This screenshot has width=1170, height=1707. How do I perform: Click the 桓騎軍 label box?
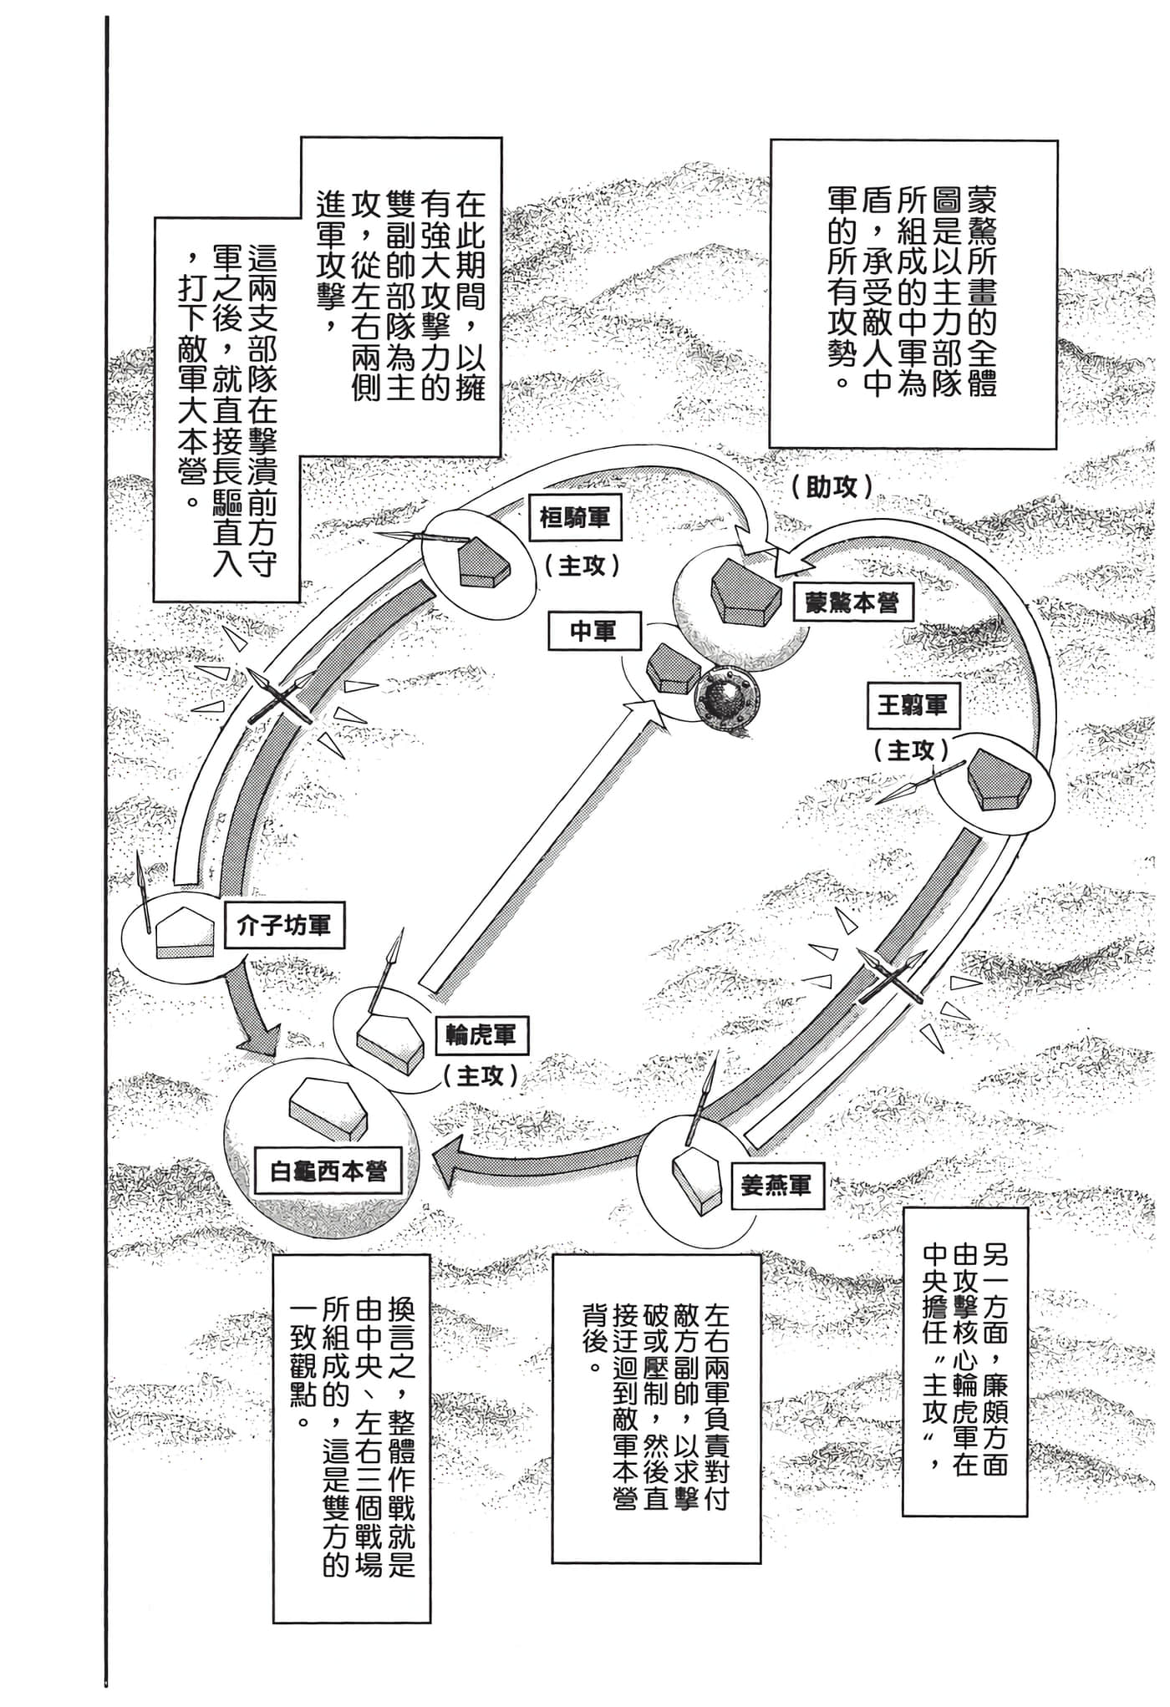click(x=575, y=517)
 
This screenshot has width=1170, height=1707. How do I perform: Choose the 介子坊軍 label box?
click(x=283, y=926)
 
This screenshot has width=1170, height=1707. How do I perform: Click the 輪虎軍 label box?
click(x=481, y=1037)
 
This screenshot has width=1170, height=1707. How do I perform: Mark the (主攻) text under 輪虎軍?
click(x=481, y=1076)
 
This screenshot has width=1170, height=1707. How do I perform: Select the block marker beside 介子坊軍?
click(x=187, y=932)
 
